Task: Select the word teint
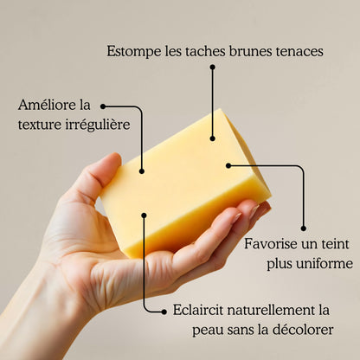click(x=334, y=244)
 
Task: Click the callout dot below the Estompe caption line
click(x=212, y=138)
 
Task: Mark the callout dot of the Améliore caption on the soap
click(x=141, y=171)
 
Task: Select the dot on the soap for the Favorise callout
click(x=228, y=164)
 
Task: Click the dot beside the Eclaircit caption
click(x=164, y=310)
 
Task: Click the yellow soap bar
click(x=186, y=186)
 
